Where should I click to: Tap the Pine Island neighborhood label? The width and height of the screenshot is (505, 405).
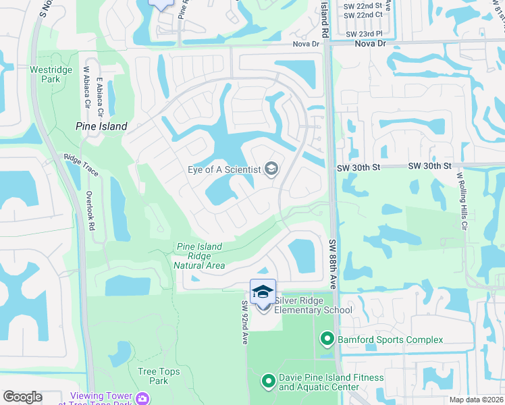pyautogui.click(x=101, y=126)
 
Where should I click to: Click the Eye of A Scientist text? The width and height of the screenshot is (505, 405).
pyautogui.click(x=223, y=169)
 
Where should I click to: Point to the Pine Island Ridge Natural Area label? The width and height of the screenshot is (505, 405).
pyautogui.click(x=198, y=256)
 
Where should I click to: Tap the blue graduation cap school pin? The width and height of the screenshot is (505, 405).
pyautogui.click(x=263, y=292)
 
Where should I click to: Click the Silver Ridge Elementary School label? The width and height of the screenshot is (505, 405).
pyautogui.click(x=313, y=305)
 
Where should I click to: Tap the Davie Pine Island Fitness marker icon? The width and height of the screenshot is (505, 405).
pyautogui.click(x=268, y=382)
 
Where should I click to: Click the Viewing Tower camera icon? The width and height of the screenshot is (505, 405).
pyautogui.click(x=142, y=398)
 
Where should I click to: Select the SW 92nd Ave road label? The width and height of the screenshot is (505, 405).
pyautogui.click(x=245, y=323)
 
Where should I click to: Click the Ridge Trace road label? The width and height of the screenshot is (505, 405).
pyautogui.click(x=81, y=165)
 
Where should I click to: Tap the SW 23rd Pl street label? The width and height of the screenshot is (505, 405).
pyautogui.click(x=364, y=33)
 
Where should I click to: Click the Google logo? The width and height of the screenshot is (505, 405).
pyautogui.click(x=23, y=397)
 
